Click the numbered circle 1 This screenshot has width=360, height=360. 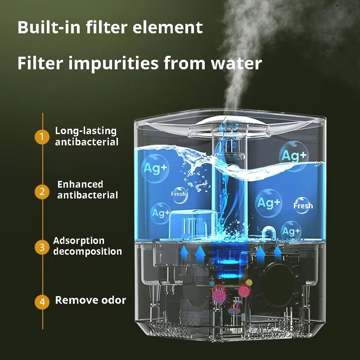tap(42, 137)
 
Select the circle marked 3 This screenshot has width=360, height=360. tap(42, 247)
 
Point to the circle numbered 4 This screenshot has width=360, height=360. tap(42, 302)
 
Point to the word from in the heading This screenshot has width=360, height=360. tap(184, 63)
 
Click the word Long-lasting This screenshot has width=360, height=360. tap(85, 131)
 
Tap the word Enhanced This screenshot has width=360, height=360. tap(80, 184)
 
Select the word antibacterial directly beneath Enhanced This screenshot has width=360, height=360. tap(87, 195)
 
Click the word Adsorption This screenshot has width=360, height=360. tap(79, 241)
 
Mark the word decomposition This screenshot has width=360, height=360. tap(88, 252)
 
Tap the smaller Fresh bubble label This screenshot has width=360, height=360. tap(178, 194)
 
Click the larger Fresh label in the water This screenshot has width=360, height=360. tap(303, 206)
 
